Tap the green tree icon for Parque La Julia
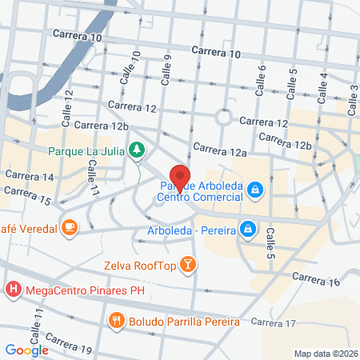coord(138,150)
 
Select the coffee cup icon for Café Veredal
coord(70,229)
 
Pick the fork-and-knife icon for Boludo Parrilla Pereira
coord(117,322)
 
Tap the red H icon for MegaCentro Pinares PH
coord(13,288)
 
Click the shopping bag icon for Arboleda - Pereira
coord(248,229)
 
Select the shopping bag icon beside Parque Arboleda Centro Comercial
coord(255,190)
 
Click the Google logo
coord(26,350)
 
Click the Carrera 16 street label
coord(316,281)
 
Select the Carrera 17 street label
coord(273,322)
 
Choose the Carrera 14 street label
coord(28,176)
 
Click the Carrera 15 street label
coord(27,195)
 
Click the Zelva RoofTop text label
coord(138,264)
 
